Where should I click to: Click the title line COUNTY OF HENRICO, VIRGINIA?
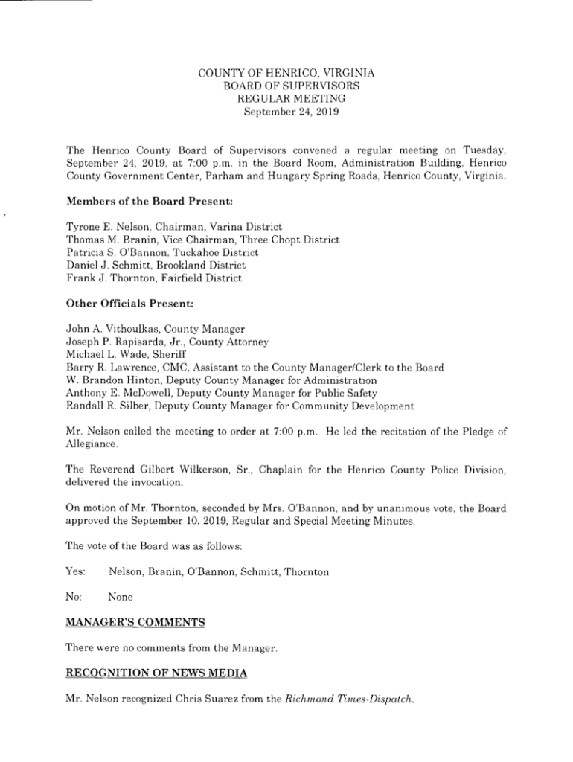click(x=286, y=73)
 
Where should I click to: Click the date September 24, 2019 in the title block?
click(x=286, y=112)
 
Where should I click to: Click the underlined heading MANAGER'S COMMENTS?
click(x=135, y=621)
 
